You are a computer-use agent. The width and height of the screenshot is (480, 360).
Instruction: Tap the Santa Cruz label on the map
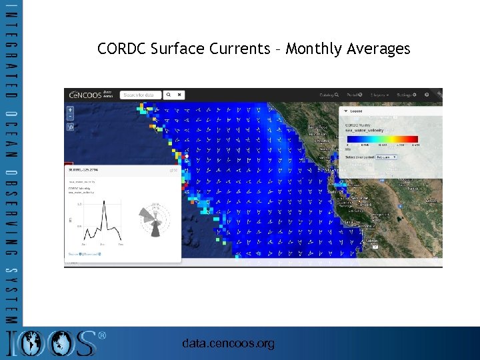pyautogui.click(x=353, y=223)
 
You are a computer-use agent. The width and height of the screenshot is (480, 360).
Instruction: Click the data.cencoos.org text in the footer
pyautogui.click(x=228, y=343)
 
